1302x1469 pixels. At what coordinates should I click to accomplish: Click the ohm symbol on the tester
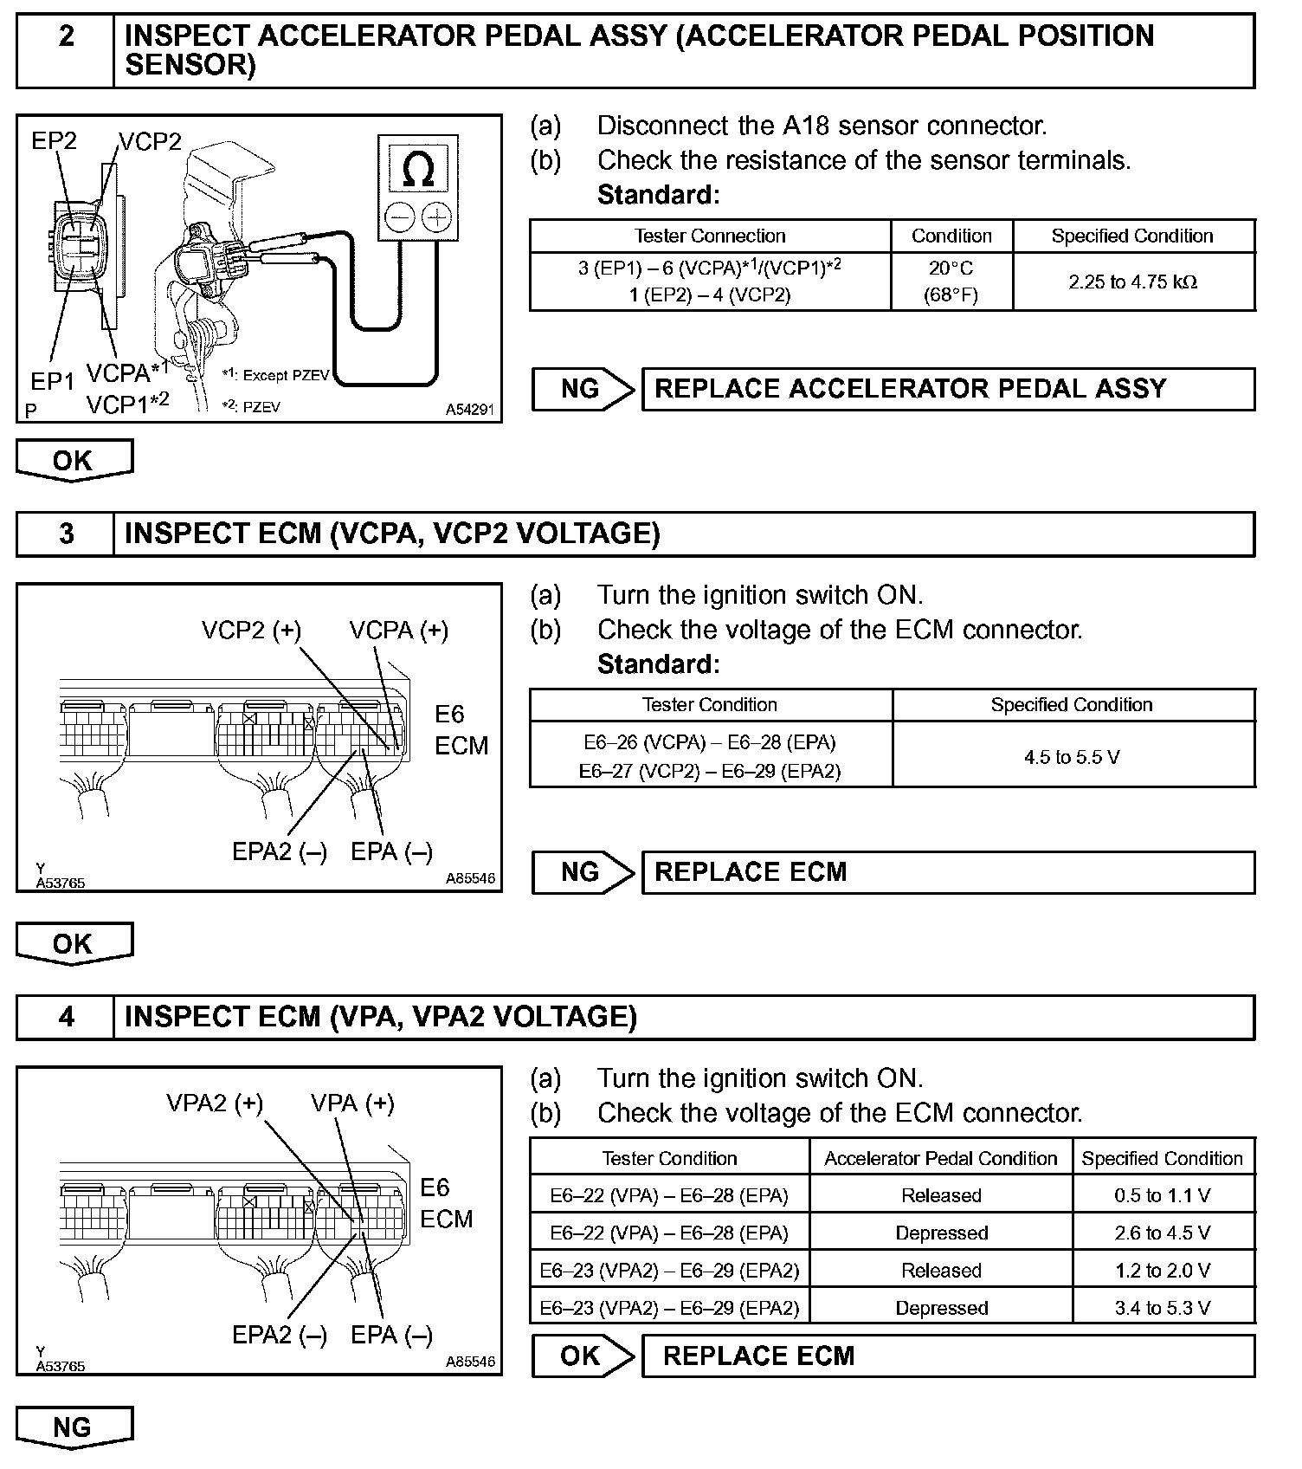[x=418, y=170]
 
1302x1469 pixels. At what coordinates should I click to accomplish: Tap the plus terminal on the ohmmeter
[x=437, y=217]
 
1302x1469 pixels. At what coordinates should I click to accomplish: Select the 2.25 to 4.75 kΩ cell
[x=1132, y=282]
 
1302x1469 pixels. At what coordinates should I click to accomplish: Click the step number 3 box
[x=66, y=534]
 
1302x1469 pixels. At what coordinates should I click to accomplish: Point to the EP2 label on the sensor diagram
[x=54, y=140]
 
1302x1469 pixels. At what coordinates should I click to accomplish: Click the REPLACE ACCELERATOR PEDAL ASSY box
[x=947, y=389]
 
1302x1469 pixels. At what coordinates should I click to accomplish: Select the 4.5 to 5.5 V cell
[x=1072, y=757]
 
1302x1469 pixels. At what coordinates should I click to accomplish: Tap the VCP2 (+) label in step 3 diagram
[x=251, y=631]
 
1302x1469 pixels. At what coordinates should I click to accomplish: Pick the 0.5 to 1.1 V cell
[x=1162, y=1195]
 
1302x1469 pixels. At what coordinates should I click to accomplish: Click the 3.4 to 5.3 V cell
[x=1162, y=1308]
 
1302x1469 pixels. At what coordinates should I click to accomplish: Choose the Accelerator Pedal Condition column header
[x=940, y=1158]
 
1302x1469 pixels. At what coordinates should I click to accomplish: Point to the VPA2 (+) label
[x=215, y=1103]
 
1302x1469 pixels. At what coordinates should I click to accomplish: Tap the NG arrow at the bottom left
[x=74, y=1427]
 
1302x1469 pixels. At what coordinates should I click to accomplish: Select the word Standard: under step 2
[x=658, y=195]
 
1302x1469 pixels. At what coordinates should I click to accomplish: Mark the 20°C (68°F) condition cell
[x=951, y=282]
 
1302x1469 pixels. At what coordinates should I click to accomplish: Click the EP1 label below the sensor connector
[x=52, y=381]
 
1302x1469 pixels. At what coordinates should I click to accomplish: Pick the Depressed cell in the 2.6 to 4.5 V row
[x=940, y=1233]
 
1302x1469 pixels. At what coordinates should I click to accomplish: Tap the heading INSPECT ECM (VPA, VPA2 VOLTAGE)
[x=381, y=1017]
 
